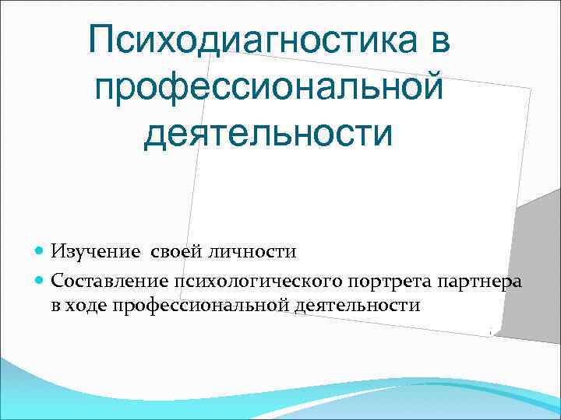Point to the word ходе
click(x=86, y=304)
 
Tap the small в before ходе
click(x=57, y=304)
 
